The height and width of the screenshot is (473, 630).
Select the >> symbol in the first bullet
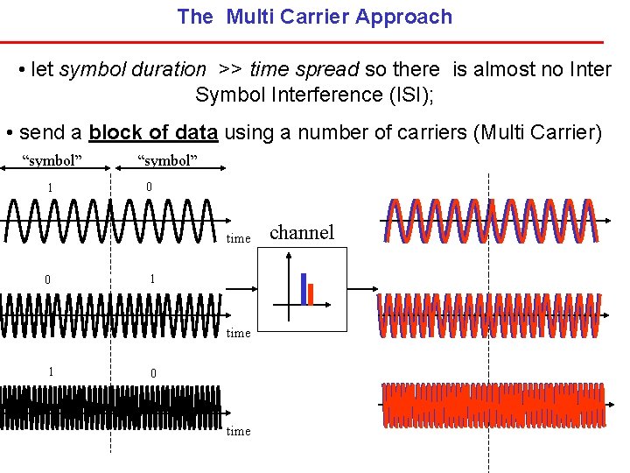(231, 69)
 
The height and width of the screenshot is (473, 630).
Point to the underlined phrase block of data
(153, 132)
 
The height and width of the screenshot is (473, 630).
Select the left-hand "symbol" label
(52, 159)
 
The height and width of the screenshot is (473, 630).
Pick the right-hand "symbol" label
(168, 159)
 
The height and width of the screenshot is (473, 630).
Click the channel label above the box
(302, 232)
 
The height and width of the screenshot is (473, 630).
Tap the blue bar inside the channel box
(303, 288)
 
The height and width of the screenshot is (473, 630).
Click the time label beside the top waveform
(238, 238)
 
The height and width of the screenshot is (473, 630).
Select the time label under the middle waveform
(238, 333)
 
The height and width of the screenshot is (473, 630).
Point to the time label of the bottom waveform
(238, 431)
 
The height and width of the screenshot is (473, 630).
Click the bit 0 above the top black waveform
(150, 187)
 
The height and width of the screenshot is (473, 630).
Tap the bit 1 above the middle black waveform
(151, 279)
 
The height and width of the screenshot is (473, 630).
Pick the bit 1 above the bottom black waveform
(51, 371)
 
